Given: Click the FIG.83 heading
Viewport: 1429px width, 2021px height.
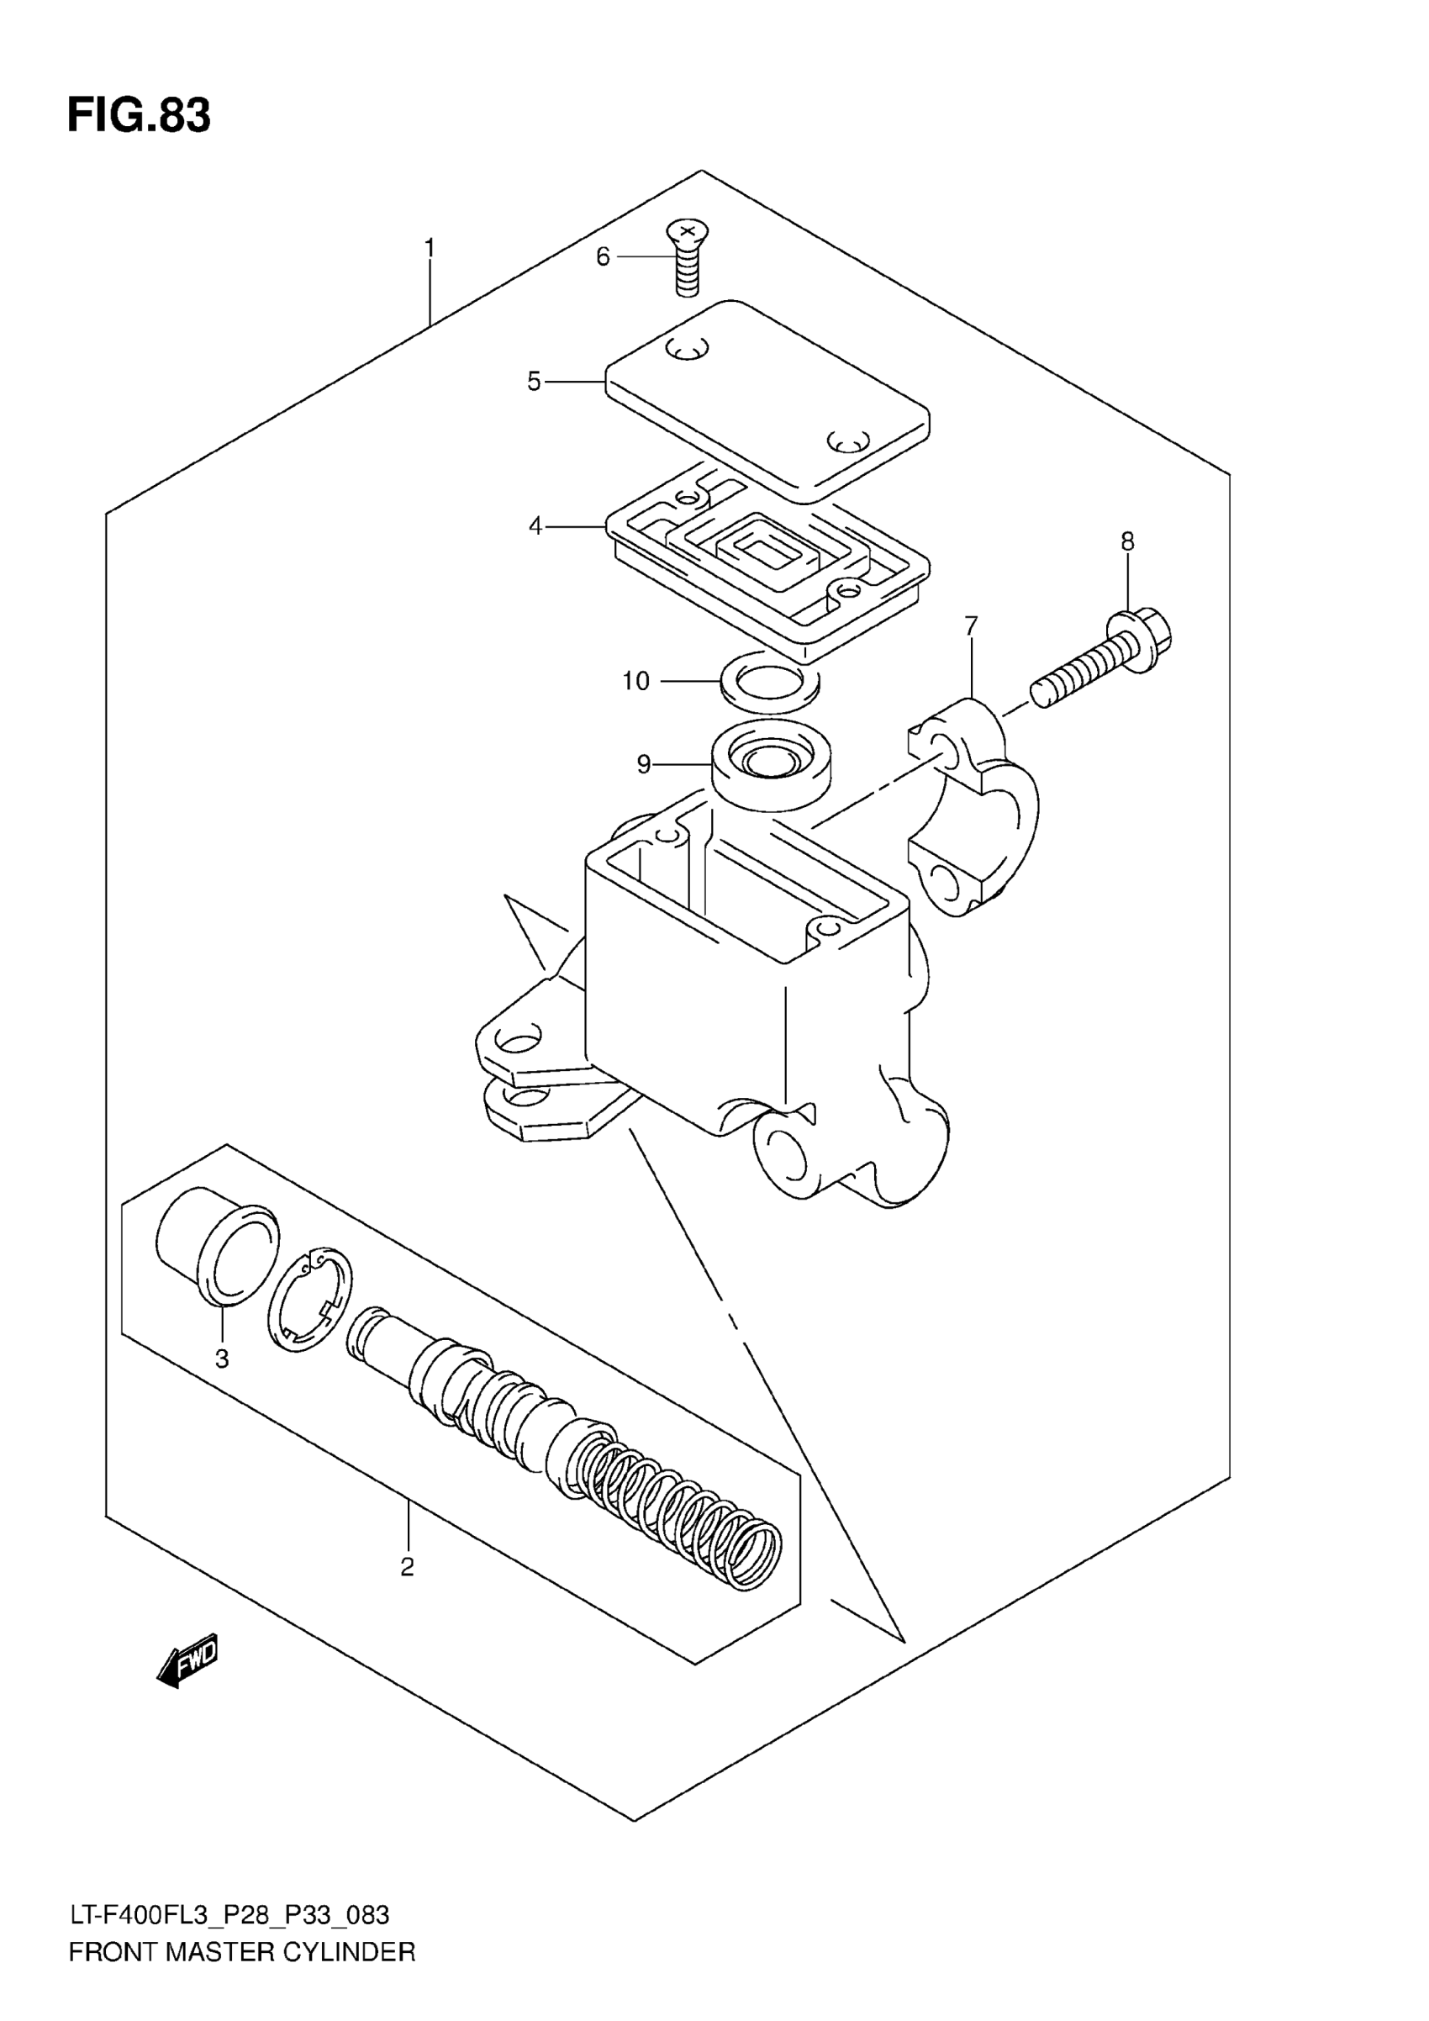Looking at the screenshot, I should click(x=139, y=115).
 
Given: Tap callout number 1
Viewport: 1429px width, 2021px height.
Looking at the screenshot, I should click(x=430, y=249).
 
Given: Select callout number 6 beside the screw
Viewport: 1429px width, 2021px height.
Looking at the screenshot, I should click(x=603, y=257).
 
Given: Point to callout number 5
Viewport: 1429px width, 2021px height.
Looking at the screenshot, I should click(x=534, y=382).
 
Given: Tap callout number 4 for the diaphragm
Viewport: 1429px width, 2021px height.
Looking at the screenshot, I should click(x=535, y=526).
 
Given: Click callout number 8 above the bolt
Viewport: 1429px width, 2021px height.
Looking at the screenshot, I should click(x=1127, y=541).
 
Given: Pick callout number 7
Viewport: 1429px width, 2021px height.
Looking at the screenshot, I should click(x=971, y=626).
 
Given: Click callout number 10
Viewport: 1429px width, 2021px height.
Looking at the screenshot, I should click(x=635, y=680).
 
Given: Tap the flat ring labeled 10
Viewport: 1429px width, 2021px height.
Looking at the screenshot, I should click(x=769, y=680).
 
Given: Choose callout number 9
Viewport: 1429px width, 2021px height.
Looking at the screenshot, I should click(x=644, y=765).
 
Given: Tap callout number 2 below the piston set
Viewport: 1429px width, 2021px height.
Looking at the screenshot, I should click(x=407, y=1567).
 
